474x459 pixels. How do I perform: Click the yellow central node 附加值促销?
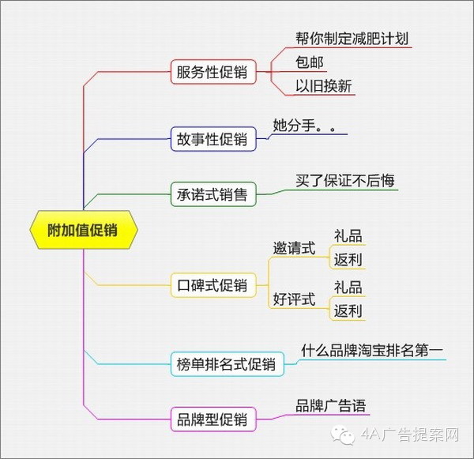click(x=84, y=230)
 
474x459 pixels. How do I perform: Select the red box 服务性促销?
click(x=213, y=72)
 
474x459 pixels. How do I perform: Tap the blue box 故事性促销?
click(x=213, y=139)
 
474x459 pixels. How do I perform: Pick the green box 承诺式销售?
click(x=213, y=194)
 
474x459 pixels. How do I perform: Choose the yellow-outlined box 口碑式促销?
click(x=213, y=285)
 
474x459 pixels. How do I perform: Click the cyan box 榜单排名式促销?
click(x=227, y=364)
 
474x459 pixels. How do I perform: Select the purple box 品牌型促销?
click(x=213, y=419)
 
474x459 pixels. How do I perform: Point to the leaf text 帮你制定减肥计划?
click(x=352, y=39)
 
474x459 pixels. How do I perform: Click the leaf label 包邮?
click(x=310, y=62)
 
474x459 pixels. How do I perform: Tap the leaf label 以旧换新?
click(x=324, y=86)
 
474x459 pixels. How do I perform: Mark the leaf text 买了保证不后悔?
click(x=345, y=180)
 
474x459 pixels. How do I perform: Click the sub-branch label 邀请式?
click(x=294, y=248)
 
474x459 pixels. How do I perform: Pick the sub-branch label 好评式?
click(x=294, y=299)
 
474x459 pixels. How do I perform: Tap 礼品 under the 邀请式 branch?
click(x=348, y=236)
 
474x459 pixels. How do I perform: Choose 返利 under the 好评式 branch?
click(x=348, y=310)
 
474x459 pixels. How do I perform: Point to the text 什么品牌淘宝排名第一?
click(x=372, y=351)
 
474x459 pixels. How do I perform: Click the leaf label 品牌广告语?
click(x=331, y=406)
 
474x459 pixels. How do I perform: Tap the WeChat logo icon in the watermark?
click(x=343, y=435)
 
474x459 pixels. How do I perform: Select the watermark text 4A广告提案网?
click(x=410, y=435)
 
